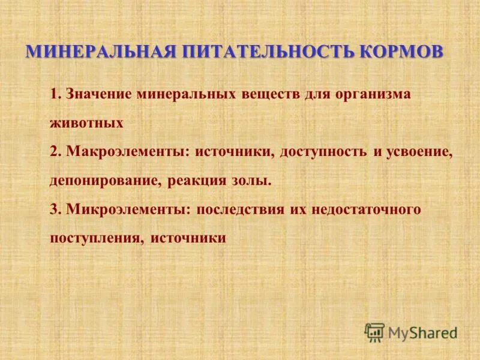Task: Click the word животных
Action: point(87,123)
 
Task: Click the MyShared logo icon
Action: point(374,331)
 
